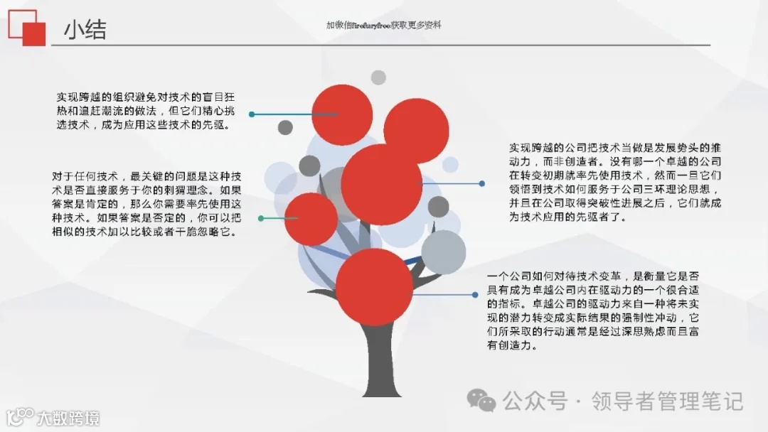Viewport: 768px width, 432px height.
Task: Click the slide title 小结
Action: [x=85, y=30]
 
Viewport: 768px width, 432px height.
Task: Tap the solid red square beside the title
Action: [x=34, y=34]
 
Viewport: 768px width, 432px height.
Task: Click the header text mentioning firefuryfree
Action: [x=384, y=25]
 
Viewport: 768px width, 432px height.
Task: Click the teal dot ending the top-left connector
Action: [x=252, y=114]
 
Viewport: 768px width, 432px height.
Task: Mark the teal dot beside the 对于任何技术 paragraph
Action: [x=261, y=218]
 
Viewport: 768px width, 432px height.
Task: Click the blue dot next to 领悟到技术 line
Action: [x=482, y=183]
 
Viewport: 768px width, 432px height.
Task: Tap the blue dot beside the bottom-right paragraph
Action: [x=475, y=294]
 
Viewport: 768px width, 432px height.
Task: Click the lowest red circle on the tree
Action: [x=374, y=286]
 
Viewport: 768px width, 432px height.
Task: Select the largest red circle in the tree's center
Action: [x=381, y=184]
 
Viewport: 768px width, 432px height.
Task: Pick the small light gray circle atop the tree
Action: [x=378, y=77]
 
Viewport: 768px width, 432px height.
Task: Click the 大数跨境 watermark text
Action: [x=68, y=418]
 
